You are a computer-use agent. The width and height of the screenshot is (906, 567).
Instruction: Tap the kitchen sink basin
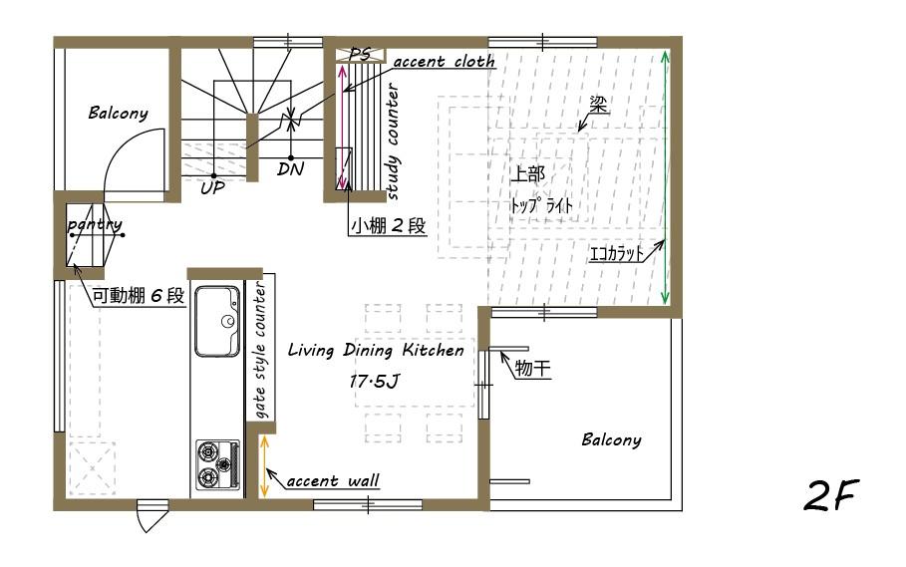click(x=217, y=322)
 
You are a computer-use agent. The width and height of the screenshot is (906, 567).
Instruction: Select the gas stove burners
click(x=216, y=465)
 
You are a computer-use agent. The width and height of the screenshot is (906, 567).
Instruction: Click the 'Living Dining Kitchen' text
click(x=376, y=351)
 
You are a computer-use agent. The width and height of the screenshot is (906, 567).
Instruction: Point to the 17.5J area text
click(x=378, y=381)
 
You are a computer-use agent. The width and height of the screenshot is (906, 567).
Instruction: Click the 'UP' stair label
click(x=212, y=187)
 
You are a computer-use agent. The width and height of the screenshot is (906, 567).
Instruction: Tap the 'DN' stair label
click(x=291, y=169)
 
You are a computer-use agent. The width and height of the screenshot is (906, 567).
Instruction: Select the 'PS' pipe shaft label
click(x=360, y=55)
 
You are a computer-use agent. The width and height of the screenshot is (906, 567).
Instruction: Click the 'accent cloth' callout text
click(x=444, y=62)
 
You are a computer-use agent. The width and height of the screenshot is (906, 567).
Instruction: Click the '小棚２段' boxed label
click(x=388, y=226)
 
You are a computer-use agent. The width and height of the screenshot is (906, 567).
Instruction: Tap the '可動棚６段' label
click(x=139, y=296)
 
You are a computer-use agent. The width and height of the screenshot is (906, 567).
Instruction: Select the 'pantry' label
click(x=95, y=226)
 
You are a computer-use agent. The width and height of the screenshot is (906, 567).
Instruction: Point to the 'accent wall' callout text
click(x=333, y=482)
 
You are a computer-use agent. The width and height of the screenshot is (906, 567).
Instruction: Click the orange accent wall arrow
click(x=264, y=466)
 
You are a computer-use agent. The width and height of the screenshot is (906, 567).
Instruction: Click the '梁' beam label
click(x=598, y=106)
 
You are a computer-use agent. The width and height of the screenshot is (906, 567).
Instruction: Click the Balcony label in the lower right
click(x=611, y=439)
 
